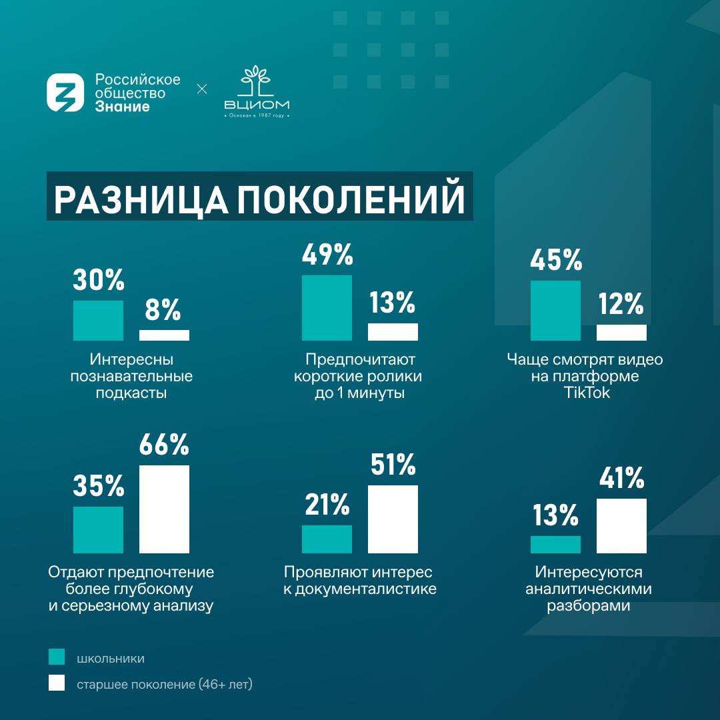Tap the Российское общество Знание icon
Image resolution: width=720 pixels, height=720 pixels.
pyautogui.click(x=65, y=93)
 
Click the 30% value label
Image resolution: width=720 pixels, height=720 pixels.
pyautogui.click(x=98, y=281)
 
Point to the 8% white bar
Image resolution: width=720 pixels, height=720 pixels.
pyautogui.click(x=164, y=335)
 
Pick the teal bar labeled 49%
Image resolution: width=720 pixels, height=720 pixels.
pyautogui.click(x=327, y=308)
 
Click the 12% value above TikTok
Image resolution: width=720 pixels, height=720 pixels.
pyautogui.click(x=621, y=304)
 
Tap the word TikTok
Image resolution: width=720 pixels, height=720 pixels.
pyautogui.click(x=587, y=393)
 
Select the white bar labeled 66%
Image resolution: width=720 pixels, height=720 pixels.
pyautogui.click(x=164, y=509)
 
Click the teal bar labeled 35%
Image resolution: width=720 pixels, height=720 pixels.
pyautogui.click(x=98, y=530)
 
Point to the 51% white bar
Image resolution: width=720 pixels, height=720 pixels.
pyautogui.click(x=393, y=519)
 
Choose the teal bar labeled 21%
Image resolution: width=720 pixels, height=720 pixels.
pyautogui.click(x=327, y=539)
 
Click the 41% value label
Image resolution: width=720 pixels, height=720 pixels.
pyautogui.click(x=621, y=477)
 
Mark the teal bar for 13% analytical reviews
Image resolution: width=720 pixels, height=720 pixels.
pyautogui.click(x=555, y=545)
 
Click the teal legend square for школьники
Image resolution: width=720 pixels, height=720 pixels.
pyautogui.click(x=57, y=657)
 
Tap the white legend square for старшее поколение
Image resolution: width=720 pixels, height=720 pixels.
pyautogui.click(x=57, y=683)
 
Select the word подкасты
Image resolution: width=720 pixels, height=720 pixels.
pyautogui.click(x=131, y=393)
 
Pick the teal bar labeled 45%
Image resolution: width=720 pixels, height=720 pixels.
pyautogui.click(x=555, y=311)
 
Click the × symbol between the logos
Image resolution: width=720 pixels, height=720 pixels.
pyautogui.click(x=202, y=89)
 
